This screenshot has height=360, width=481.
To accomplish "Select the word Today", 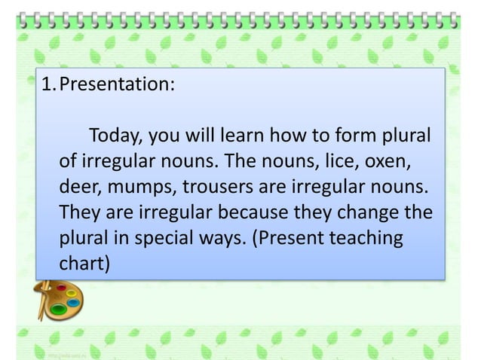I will pyautogui.click(x=116, y=139).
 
